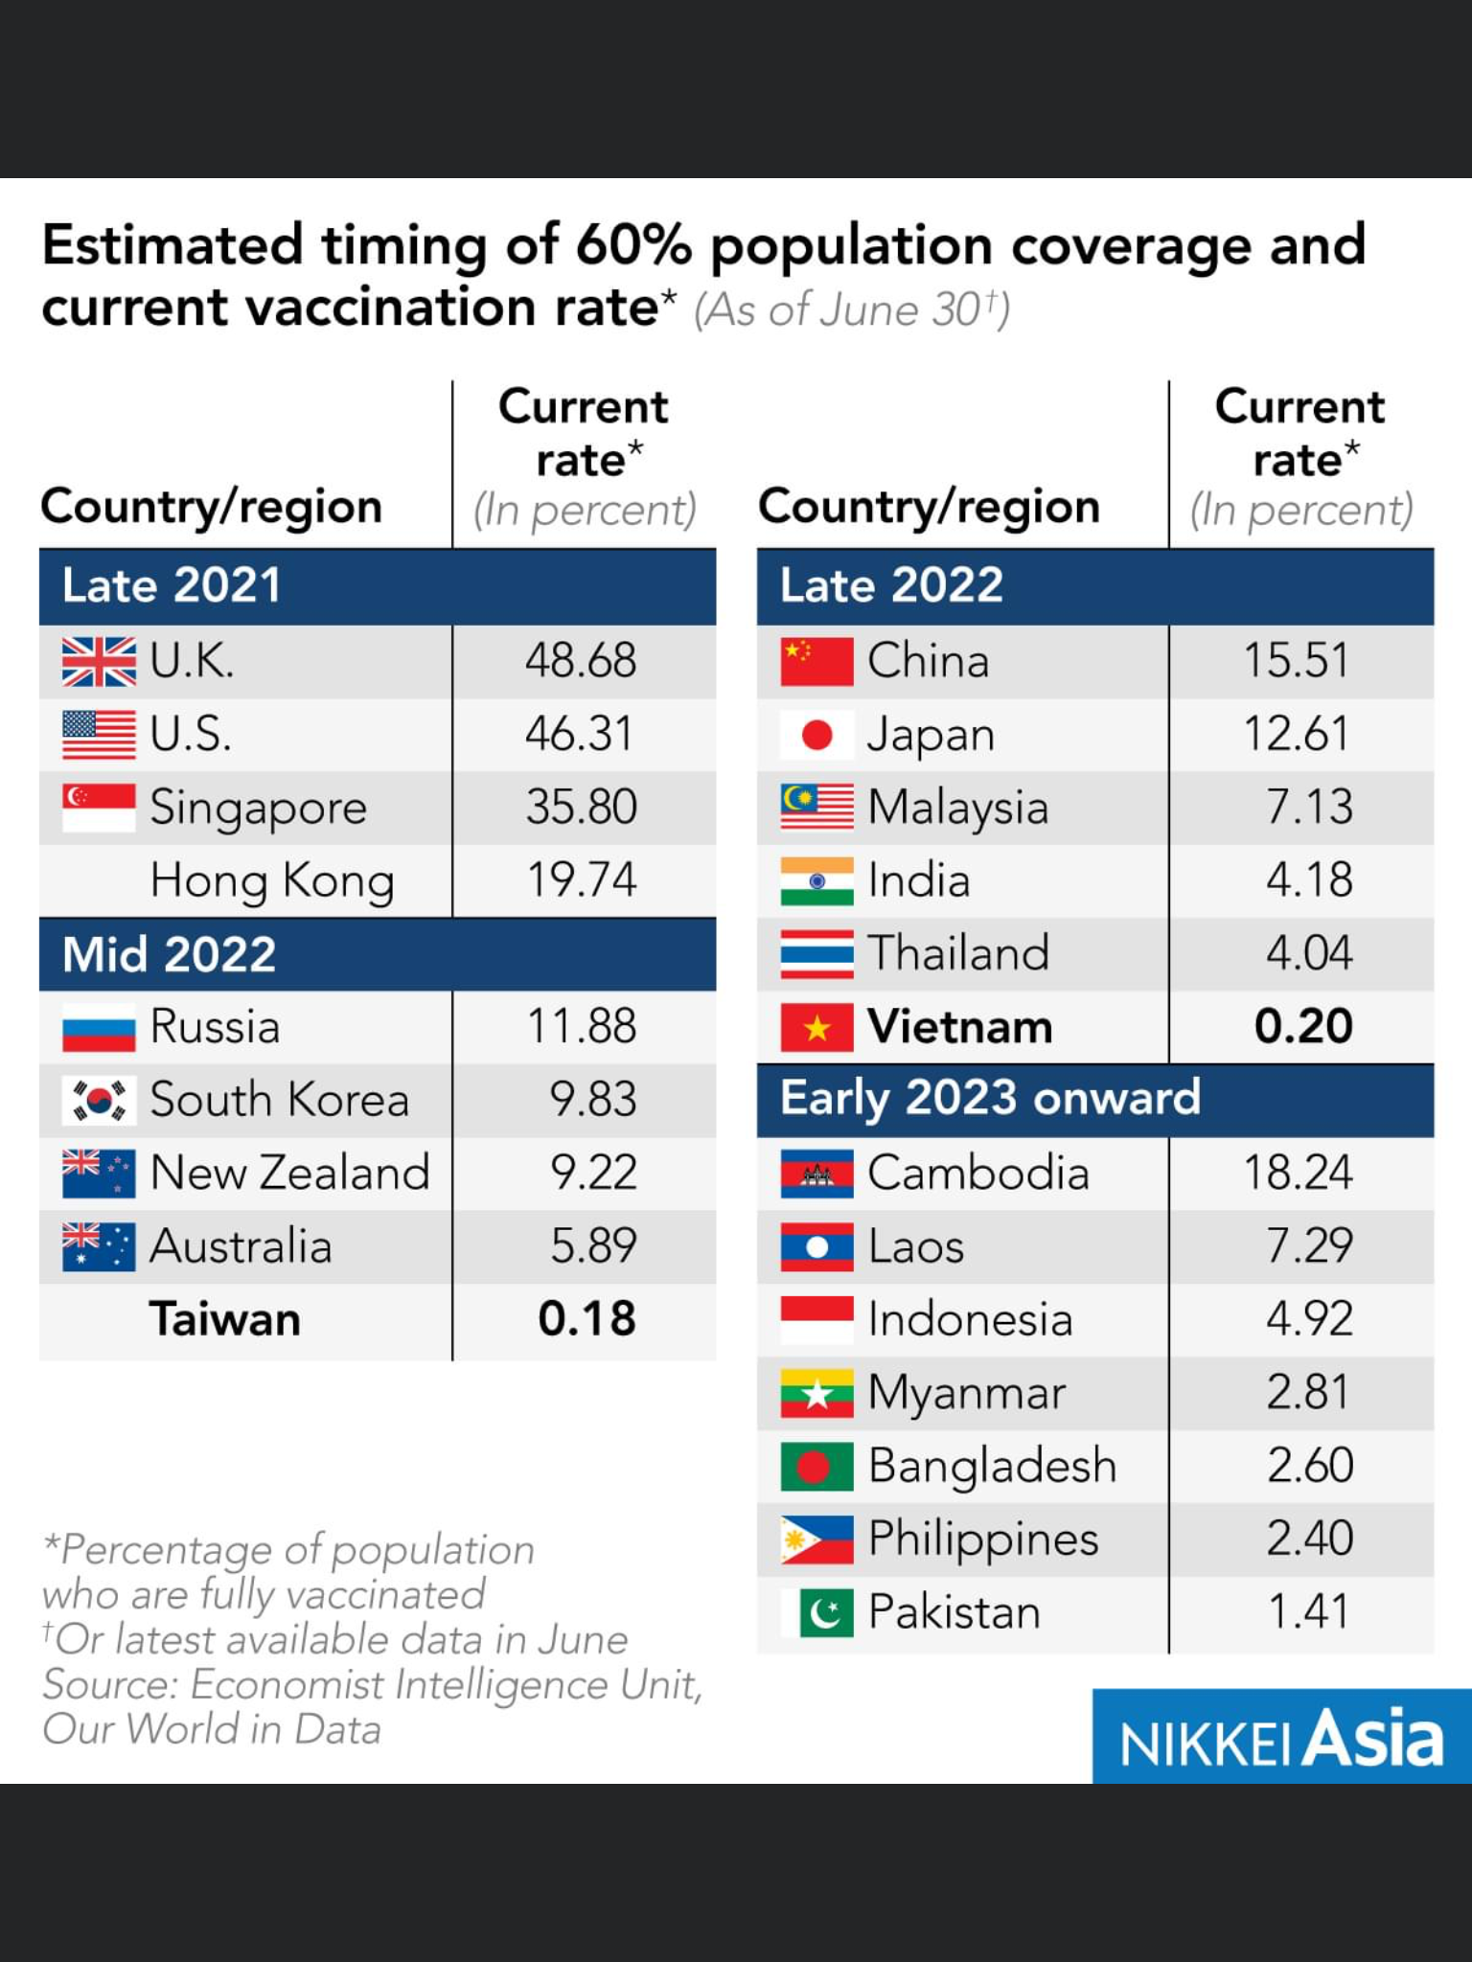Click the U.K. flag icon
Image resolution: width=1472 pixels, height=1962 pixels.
click(x=99, y=662)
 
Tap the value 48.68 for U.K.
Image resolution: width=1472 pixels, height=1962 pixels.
click(x=581, y=661)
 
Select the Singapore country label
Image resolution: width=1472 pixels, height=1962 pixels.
click(x=258, y=808)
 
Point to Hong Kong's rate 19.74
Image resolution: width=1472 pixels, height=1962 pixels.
click(x=582, y=879)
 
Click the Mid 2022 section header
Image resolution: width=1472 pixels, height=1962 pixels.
click(x=170, y=954)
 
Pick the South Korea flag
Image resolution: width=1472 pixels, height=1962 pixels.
click(x=99, y=1100)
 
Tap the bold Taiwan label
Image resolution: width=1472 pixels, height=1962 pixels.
click(x=225, y=1319)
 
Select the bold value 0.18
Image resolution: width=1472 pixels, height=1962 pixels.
click(x=586, y=1319)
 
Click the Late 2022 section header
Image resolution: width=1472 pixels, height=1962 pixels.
click(x=891, y=585)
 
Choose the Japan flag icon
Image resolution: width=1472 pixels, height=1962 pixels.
click(x=816, y=735)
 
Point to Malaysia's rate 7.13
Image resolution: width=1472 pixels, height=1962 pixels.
click(x=1309, y=807)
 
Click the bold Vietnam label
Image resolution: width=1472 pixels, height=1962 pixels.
click(x=960, y=1027)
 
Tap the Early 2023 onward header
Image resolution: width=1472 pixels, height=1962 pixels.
click(x=990, y=1098)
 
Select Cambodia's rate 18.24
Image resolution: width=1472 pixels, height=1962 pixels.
click(x=1298, y=1173)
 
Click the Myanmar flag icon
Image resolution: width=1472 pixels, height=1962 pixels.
click(x=816, y=1393)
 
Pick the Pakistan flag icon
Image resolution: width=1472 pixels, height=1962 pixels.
click(x=816, y=1612)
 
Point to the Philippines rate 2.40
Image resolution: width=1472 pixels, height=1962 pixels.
click(x=1309, y=1539)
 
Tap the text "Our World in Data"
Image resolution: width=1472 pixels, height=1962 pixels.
click(x=212, y=1729)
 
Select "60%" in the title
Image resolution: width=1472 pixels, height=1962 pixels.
click(x=633, y=245)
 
